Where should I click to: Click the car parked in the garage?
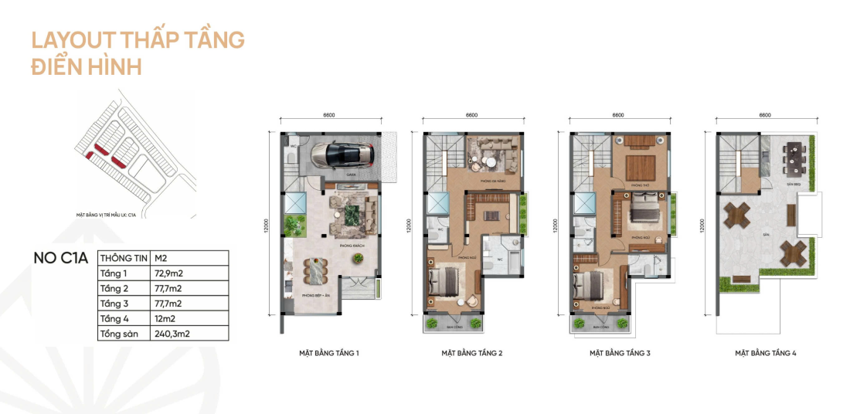point(345,155)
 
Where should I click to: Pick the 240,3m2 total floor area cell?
point(172,334)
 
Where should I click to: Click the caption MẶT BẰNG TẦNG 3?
point(620,353)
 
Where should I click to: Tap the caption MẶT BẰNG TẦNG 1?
point(329,353)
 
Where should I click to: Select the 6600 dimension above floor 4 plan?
point(765,114)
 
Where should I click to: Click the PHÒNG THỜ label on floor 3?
point(638,185)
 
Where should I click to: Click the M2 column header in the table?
point(161,258)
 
